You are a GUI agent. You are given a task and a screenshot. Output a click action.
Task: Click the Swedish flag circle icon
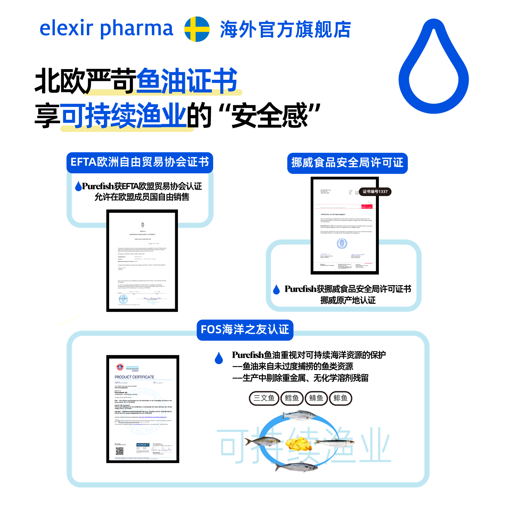point(197,29)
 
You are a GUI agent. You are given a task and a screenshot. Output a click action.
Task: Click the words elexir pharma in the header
point(106,28)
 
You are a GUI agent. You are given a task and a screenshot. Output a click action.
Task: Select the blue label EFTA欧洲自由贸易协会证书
point(140,162)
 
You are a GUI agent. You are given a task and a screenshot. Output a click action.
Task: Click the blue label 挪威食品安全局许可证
point(347,163)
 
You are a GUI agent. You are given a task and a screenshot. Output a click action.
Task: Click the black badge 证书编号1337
point(375,192)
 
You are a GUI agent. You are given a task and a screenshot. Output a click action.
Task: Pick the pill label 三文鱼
point(264,398)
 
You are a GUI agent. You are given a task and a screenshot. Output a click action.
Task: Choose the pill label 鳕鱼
point(292,398)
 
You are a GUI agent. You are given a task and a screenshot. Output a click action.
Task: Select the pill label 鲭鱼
point(316,398)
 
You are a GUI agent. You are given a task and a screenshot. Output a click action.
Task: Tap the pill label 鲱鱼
point(341,398)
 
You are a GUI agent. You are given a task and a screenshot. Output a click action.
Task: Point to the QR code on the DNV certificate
point(120,451)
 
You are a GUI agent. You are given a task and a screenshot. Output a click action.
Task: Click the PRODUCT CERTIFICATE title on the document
point(134,377)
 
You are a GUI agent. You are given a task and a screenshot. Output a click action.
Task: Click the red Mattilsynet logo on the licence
point(367,206)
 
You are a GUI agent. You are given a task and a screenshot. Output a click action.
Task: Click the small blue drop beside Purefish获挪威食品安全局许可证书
point(276,290)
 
